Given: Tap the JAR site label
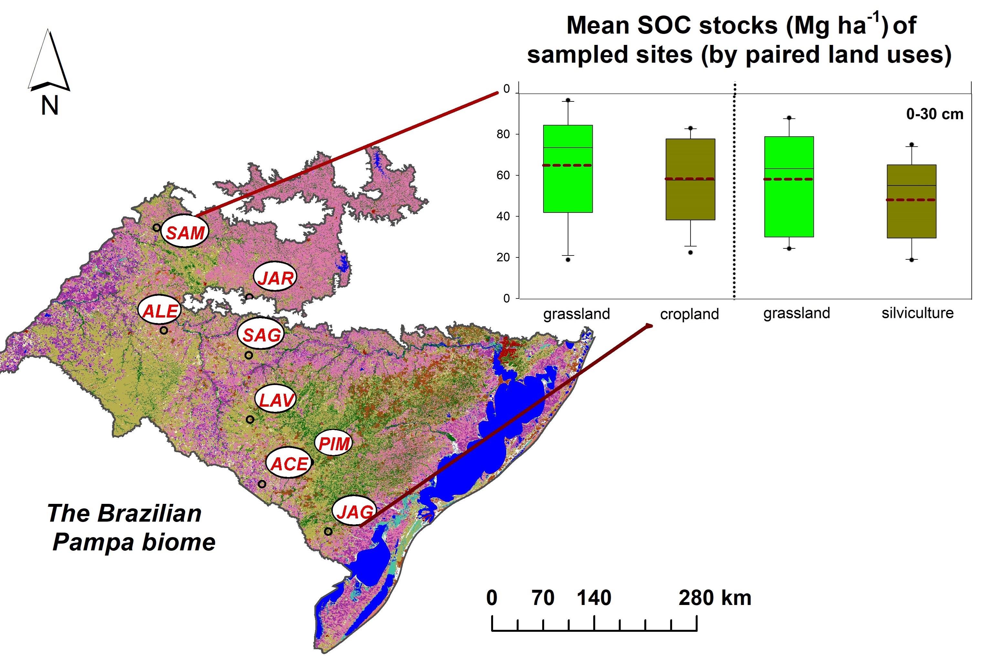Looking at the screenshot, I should click(275, 277).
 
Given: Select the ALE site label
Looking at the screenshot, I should click(160, 310).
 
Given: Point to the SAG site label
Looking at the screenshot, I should click(261, 335).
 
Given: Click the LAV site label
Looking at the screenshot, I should click(276, 400).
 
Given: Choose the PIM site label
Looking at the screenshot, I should click(333, 443).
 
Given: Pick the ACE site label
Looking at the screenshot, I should click(289, 463).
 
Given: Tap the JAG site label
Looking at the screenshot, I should click(354, 511).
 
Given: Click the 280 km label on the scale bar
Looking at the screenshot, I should click(714, 598).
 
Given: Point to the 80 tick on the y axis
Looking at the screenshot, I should click(503, 134).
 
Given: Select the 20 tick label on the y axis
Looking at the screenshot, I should click(503, 257).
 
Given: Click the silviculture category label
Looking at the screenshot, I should click(917, 313).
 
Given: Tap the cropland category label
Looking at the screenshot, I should click(689, 314).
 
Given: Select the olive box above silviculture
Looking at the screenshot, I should click(911, 201).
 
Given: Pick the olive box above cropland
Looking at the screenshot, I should click(690, 179).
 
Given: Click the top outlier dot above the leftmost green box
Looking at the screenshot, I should click(568, 100).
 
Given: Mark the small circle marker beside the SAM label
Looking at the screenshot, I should click(156, 228).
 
